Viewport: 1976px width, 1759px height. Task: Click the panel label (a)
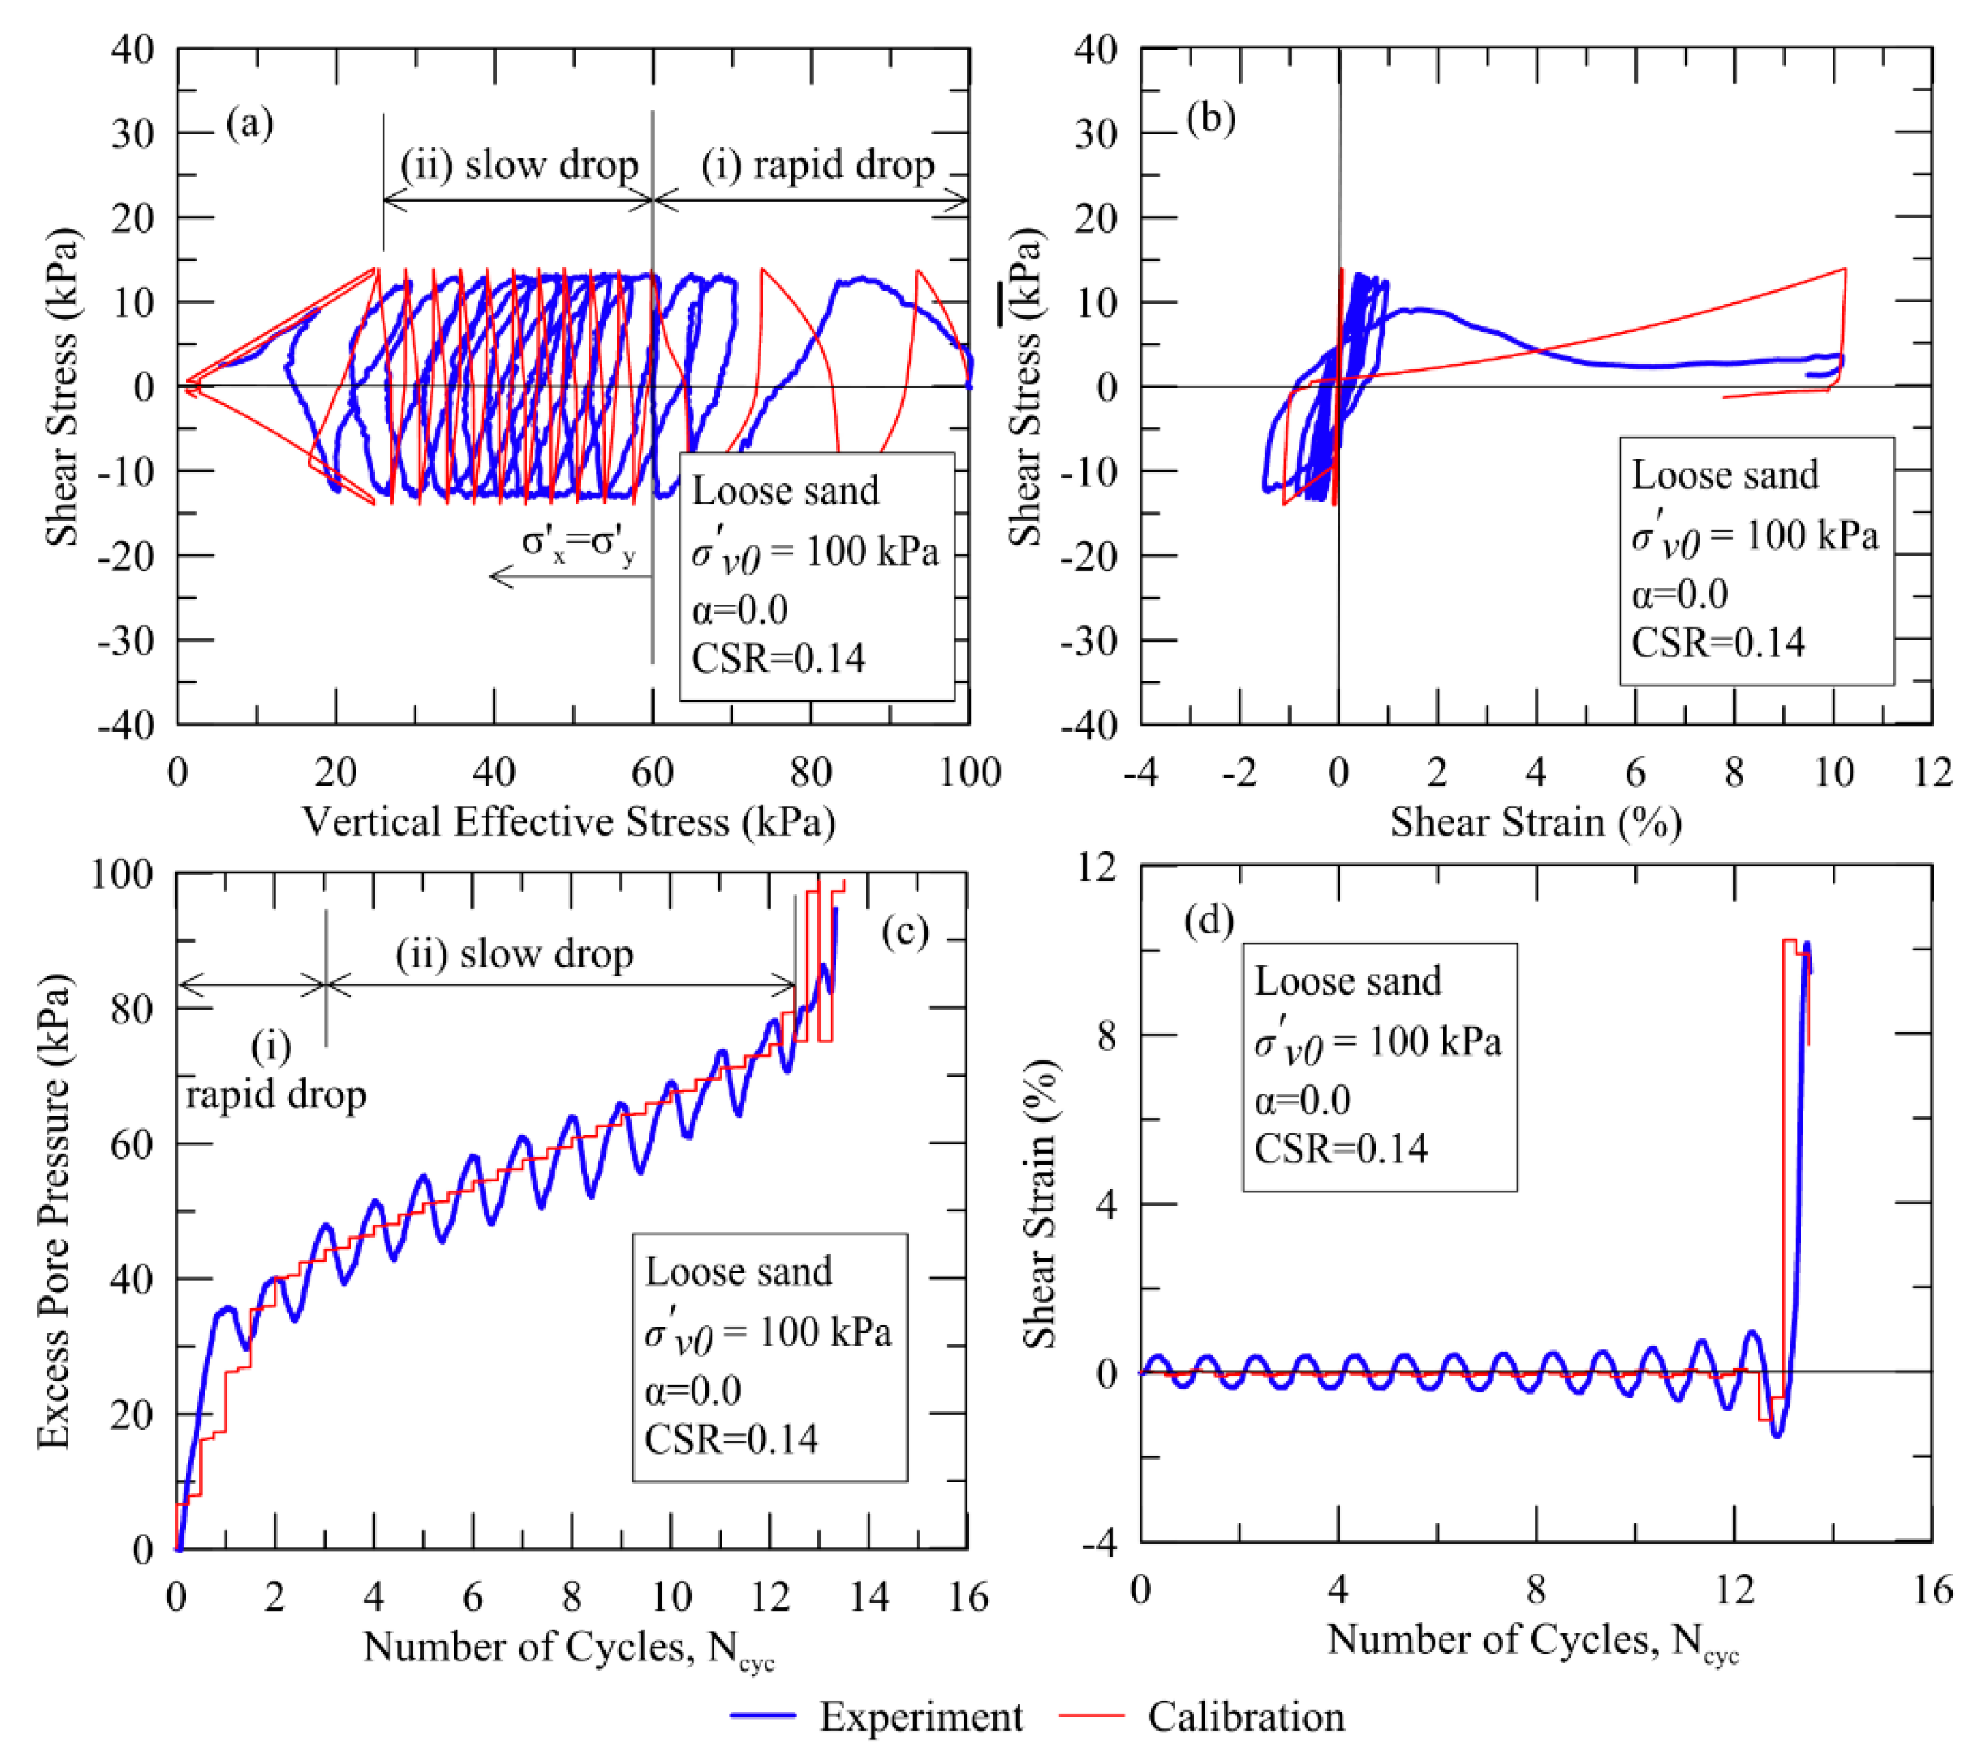click(249, 123)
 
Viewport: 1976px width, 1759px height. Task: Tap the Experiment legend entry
click(920, 1717)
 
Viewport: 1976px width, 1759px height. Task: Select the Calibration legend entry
click(1246, 1717)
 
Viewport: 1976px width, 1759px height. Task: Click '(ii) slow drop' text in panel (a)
click(519, 165)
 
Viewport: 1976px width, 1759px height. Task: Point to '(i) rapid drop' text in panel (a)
click(818, 165)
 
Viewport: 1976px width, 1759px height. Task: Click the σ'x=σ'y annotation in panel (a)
click(578, 543)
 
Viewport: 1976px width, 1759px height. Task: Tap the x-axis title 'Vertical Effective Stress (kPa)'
click(568, 822)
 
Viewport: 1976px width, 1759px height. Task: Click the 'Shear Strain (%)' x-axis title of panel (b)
click(1536, 822)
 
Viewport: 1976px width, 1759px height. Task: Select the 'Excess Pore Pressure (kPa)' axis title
click(54, 1212)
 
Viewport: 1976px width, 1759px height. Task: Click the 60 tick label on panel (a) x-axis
click(652, 773)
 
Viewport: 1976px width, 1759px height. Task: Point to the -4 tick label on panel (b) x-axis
click(1141, 773)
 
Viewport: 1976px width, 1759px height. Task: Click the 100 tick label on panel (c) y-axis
click(122, 874)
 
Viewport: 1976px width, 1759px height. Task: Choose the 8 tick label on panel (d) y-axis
click(1106, 1036)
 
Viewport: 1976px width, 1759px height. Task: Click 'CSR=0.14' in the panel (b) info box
click(1718, 643)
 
